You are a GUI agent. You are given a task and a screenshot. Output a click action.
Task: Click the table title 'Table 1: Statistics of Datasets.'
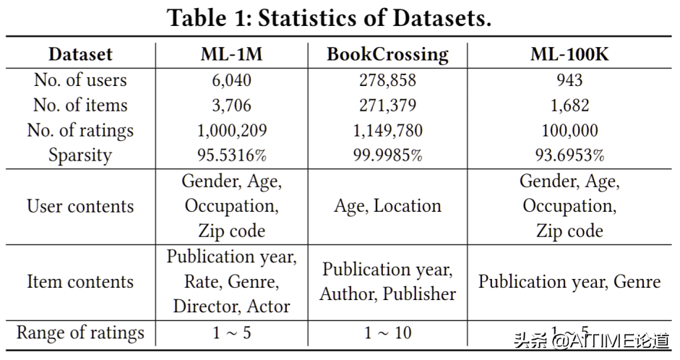330,18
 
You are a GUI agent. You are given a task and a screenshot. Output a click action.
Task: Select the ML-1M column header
226,54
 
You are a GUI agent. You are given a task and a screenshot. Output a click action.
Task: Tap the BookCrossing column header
387,54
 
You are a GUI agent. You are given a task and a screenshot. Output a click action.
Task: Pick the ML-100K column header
569,54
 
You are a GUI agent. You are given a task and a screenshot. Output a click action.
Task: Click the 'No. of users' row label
80,80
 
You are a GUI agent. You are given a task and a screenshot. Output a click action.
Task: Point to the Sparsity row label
80,155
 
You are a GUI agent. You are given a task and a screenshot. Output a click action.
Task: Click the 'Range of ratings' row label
80,333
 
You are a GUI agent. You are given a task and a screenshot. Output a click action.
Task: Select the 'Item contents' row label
80,281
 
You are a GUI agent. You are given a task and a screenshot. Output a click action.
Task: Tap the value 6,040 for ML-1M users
226,80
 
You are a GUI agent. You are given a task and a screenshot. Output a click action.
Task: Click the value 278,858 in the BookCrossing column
387,80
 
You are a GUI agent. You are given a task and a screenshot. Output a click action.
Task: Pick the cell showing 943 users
569,80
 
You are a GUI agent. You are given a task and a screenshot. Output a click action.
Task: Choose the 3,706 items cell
226,105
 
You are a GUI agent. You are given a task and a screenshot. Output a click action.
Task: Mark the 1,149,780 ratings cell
387,130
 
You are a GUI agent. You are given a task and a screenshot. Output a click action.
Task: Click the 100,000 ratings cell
569,130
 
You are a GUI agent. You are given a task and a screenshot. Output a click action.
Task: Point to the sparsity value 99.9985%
387,155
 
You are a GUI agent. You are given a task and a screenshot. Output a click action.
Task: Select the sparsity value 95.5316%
226,155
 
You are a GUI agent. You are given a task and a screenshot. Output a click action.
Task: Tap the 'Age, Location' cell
387,206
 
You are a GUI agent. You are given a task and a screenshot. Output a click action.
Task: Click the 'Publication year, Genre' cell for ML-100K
569,281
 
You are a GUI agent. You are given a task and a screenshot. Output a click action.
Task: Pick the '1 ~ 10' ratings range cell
387,333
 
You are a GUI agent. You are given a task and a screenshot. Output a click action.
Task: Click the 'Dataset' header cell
80,54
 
